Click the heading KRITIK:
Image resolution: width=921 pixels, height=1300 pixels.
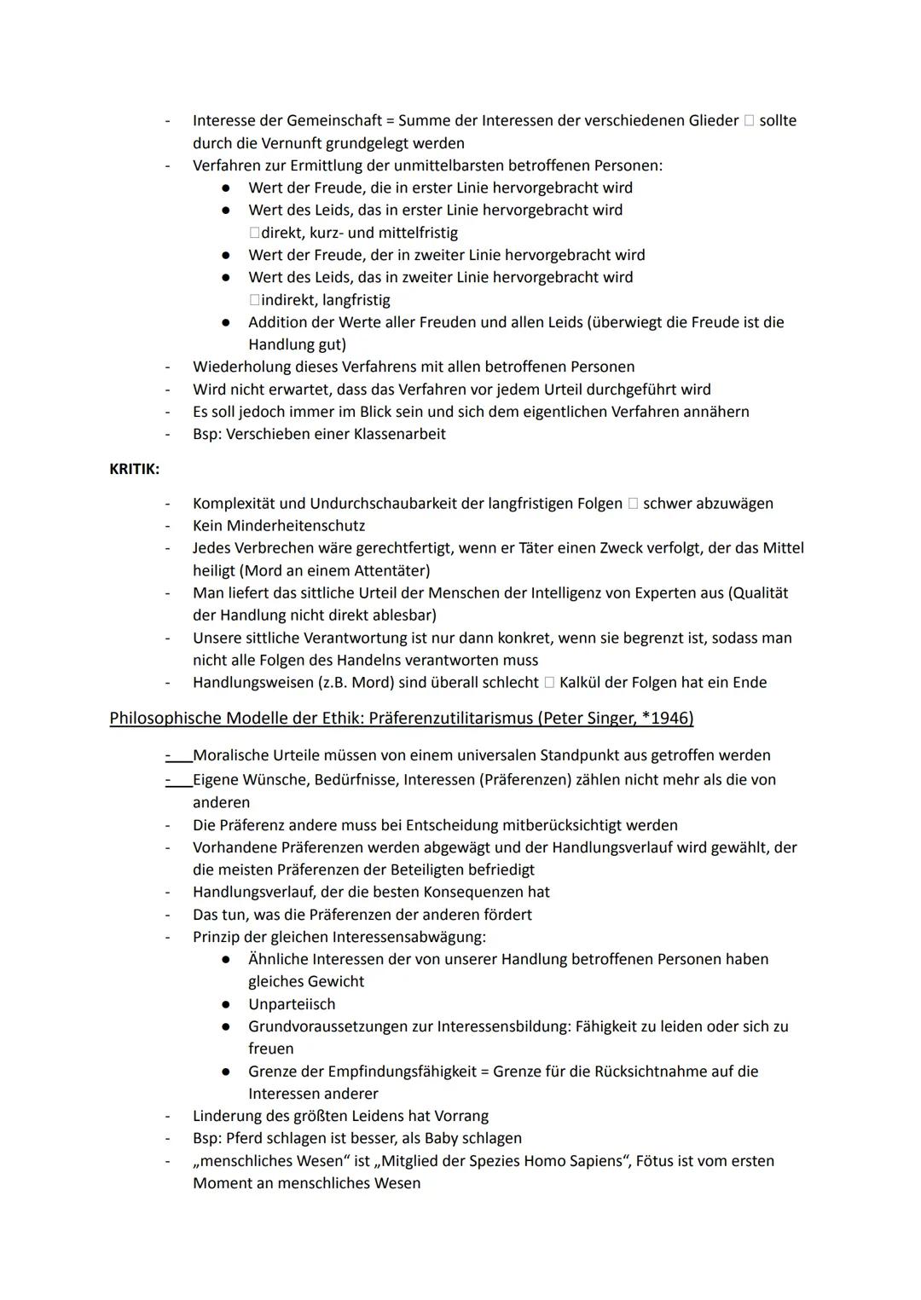tap(134, 469)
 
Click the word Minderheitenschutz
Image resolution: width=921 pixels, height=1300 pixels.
tap(296, 526)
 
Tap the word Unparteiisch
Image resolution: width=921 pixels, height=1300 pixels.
tap(292, 1004)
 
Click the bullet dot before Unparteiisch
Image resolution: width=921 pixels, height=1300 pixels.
tap(226, 1004)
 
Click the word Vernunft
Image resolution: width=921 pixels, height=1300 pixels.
tap(323, 143)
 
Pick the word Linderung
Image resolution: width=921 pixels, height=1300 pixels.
tap(226, 1116)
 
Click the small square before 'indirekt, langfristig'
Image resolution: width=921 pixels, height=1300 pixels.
tap(254, 300)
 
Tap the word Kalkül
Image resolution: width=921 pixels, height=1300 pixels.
tap(583, 683)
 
